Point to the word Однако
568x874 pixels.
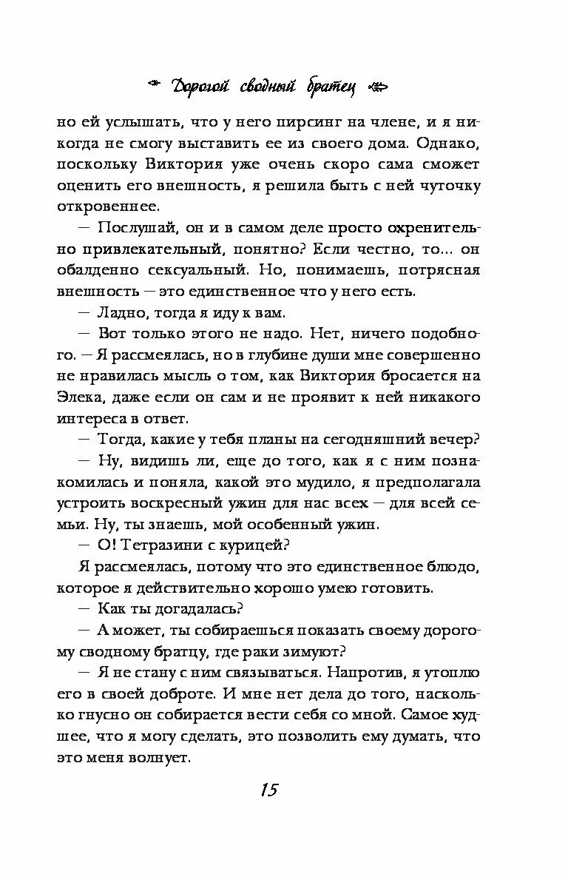(x=453, y=142)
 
